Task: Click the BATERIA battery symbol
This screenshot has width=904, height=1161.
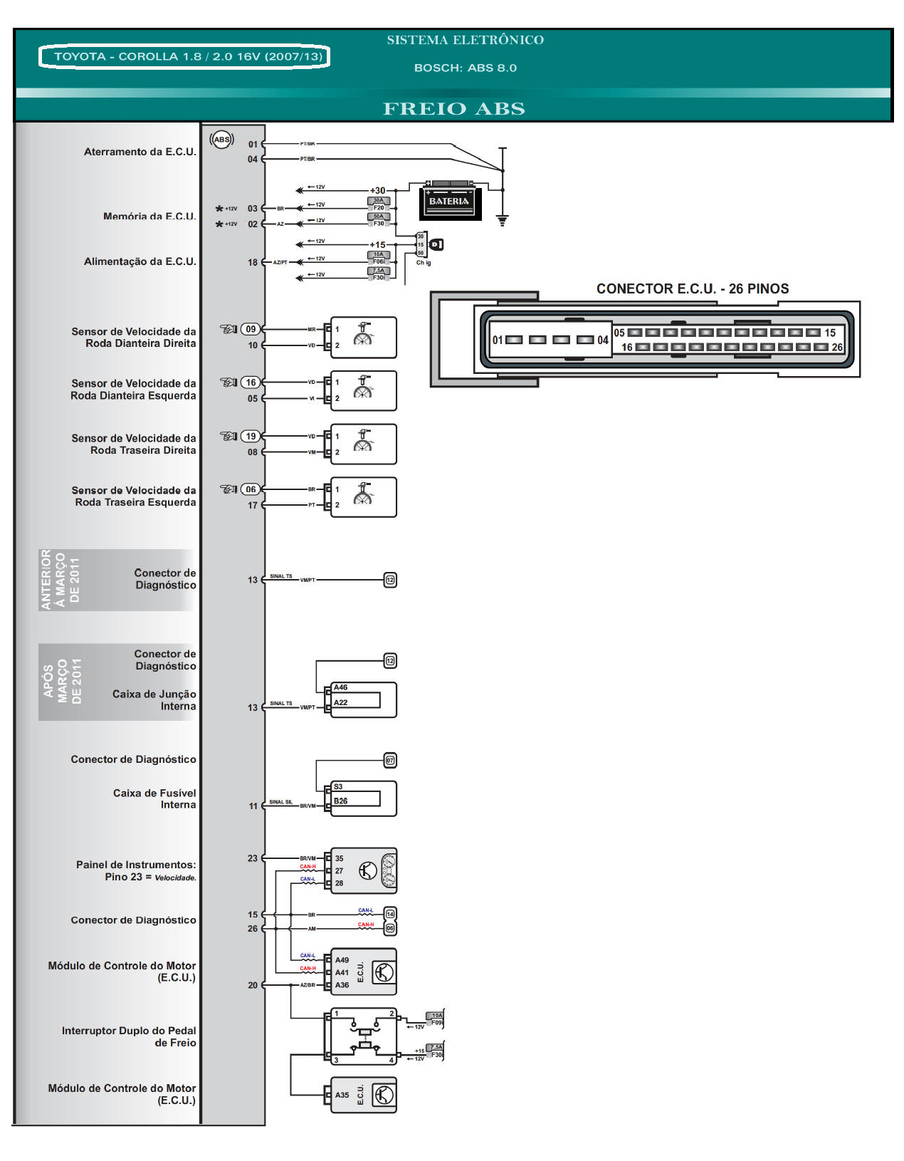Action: pyautogui.click(x=449, y=202)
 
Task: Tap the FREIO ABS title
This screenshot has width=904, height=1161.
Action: pyautogui.click(x=453, y=109)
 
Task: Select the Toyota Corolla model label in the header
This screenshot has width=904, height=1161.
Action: pyautogui.click(x=184, y=56)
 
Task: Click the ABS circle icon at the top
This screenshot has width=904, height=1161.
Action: pyautogui.click(x=222, y=140)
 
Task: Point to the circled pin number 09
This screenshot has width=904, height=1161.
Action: pyautogui.click(x=251, y=329)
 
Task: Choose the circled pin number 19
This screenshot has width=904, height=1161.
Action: pyautogui.click(x=251, y=436)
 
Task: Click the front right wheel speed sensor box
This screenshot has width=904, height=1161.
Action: pyautogui.click(x=363, y=337)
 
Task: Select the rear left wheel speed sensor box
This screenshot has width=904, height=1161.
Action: pyautogui.click(x=363, y=496)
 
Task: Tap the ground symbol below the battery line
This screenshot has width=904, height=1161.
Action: pyautogui.click(x=503, y=221)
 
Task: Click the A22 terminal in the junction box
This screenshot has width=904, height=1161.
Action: pyautogui.click(x=342, y=702)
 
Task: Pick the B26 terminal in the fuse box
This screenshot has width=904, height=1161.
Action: pyautogui.click(x=342, y=801)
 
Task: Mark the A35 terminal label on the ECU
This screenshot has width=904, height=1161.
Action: pyautogui.click(x=342, y=1095)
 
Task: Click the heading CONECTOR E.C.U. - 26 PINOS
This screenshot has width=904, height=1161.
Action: pyautogui.click(x=692, y=288)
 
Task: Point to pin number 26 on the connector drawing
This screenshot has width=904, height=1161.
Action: pyautogui.click(x=837, y=348)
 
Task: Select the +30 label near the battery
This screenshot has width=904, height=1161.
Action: pyautogui.click(x=377, y=190)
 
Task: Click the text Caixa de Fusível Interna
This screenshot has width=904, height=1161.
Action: pyautogui.click(x=154, y=798)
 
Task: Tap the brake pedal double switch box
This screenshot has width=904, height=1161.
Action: pyautogui.click(x=363, y=1036)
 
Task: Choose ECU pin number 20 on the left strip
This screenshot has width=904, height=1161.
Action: pyautogui.click(x=253, y=985)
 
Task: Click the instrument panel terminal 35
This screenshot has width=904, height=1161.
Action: pyautogui.click(x=340, y=858)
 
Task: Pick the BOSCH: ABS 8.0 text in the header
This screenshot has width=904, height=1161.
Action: pyautogui.click(x=466, y=68)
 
